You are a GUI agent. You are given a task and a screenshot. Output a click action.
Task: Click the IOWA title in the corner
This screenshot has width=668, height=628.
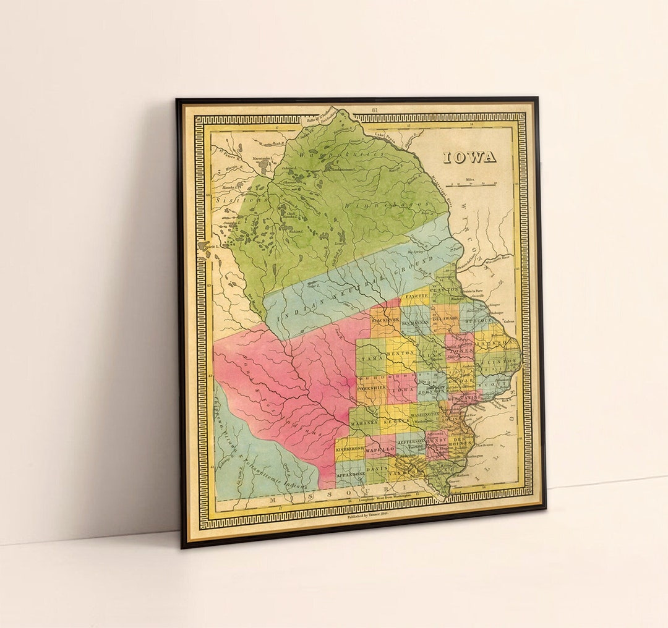tap(469, 157)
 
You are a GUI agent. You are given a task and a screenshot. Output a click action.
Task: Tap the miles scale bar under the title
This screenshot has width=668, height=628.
tap(474, 184)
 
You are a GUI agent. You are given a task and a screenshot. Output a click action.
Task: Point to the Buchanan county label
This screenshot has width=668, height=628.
tap(414, 323)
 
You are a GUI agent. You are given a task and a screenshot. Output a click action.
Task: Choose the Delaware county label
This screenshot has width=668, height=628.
tap(445, 319)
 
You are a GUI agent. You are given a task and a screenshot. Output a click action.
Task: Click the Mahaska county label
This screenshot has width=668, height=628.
tap(364, 425)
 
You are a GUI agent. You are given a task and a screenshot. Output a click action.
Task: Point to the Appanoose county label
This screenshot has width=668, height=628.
tap(350, 473)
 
